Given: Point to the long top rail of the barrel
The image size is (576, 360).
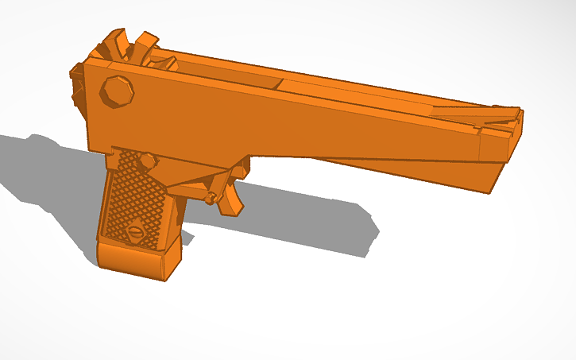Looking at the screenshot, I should click(x=358, y=91).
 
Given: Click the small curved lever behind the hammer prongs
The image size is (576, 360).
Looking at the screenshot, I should click(x=167, y=62).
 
